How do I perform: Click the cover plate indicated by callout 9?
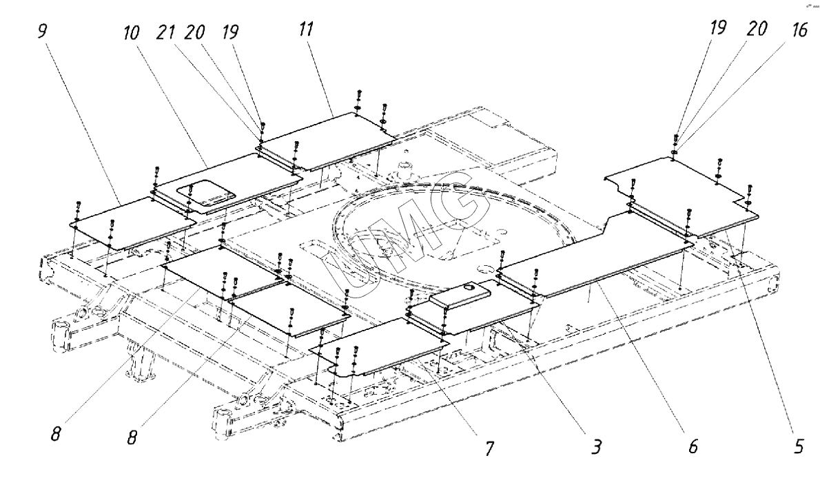[x=131, y=222]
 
